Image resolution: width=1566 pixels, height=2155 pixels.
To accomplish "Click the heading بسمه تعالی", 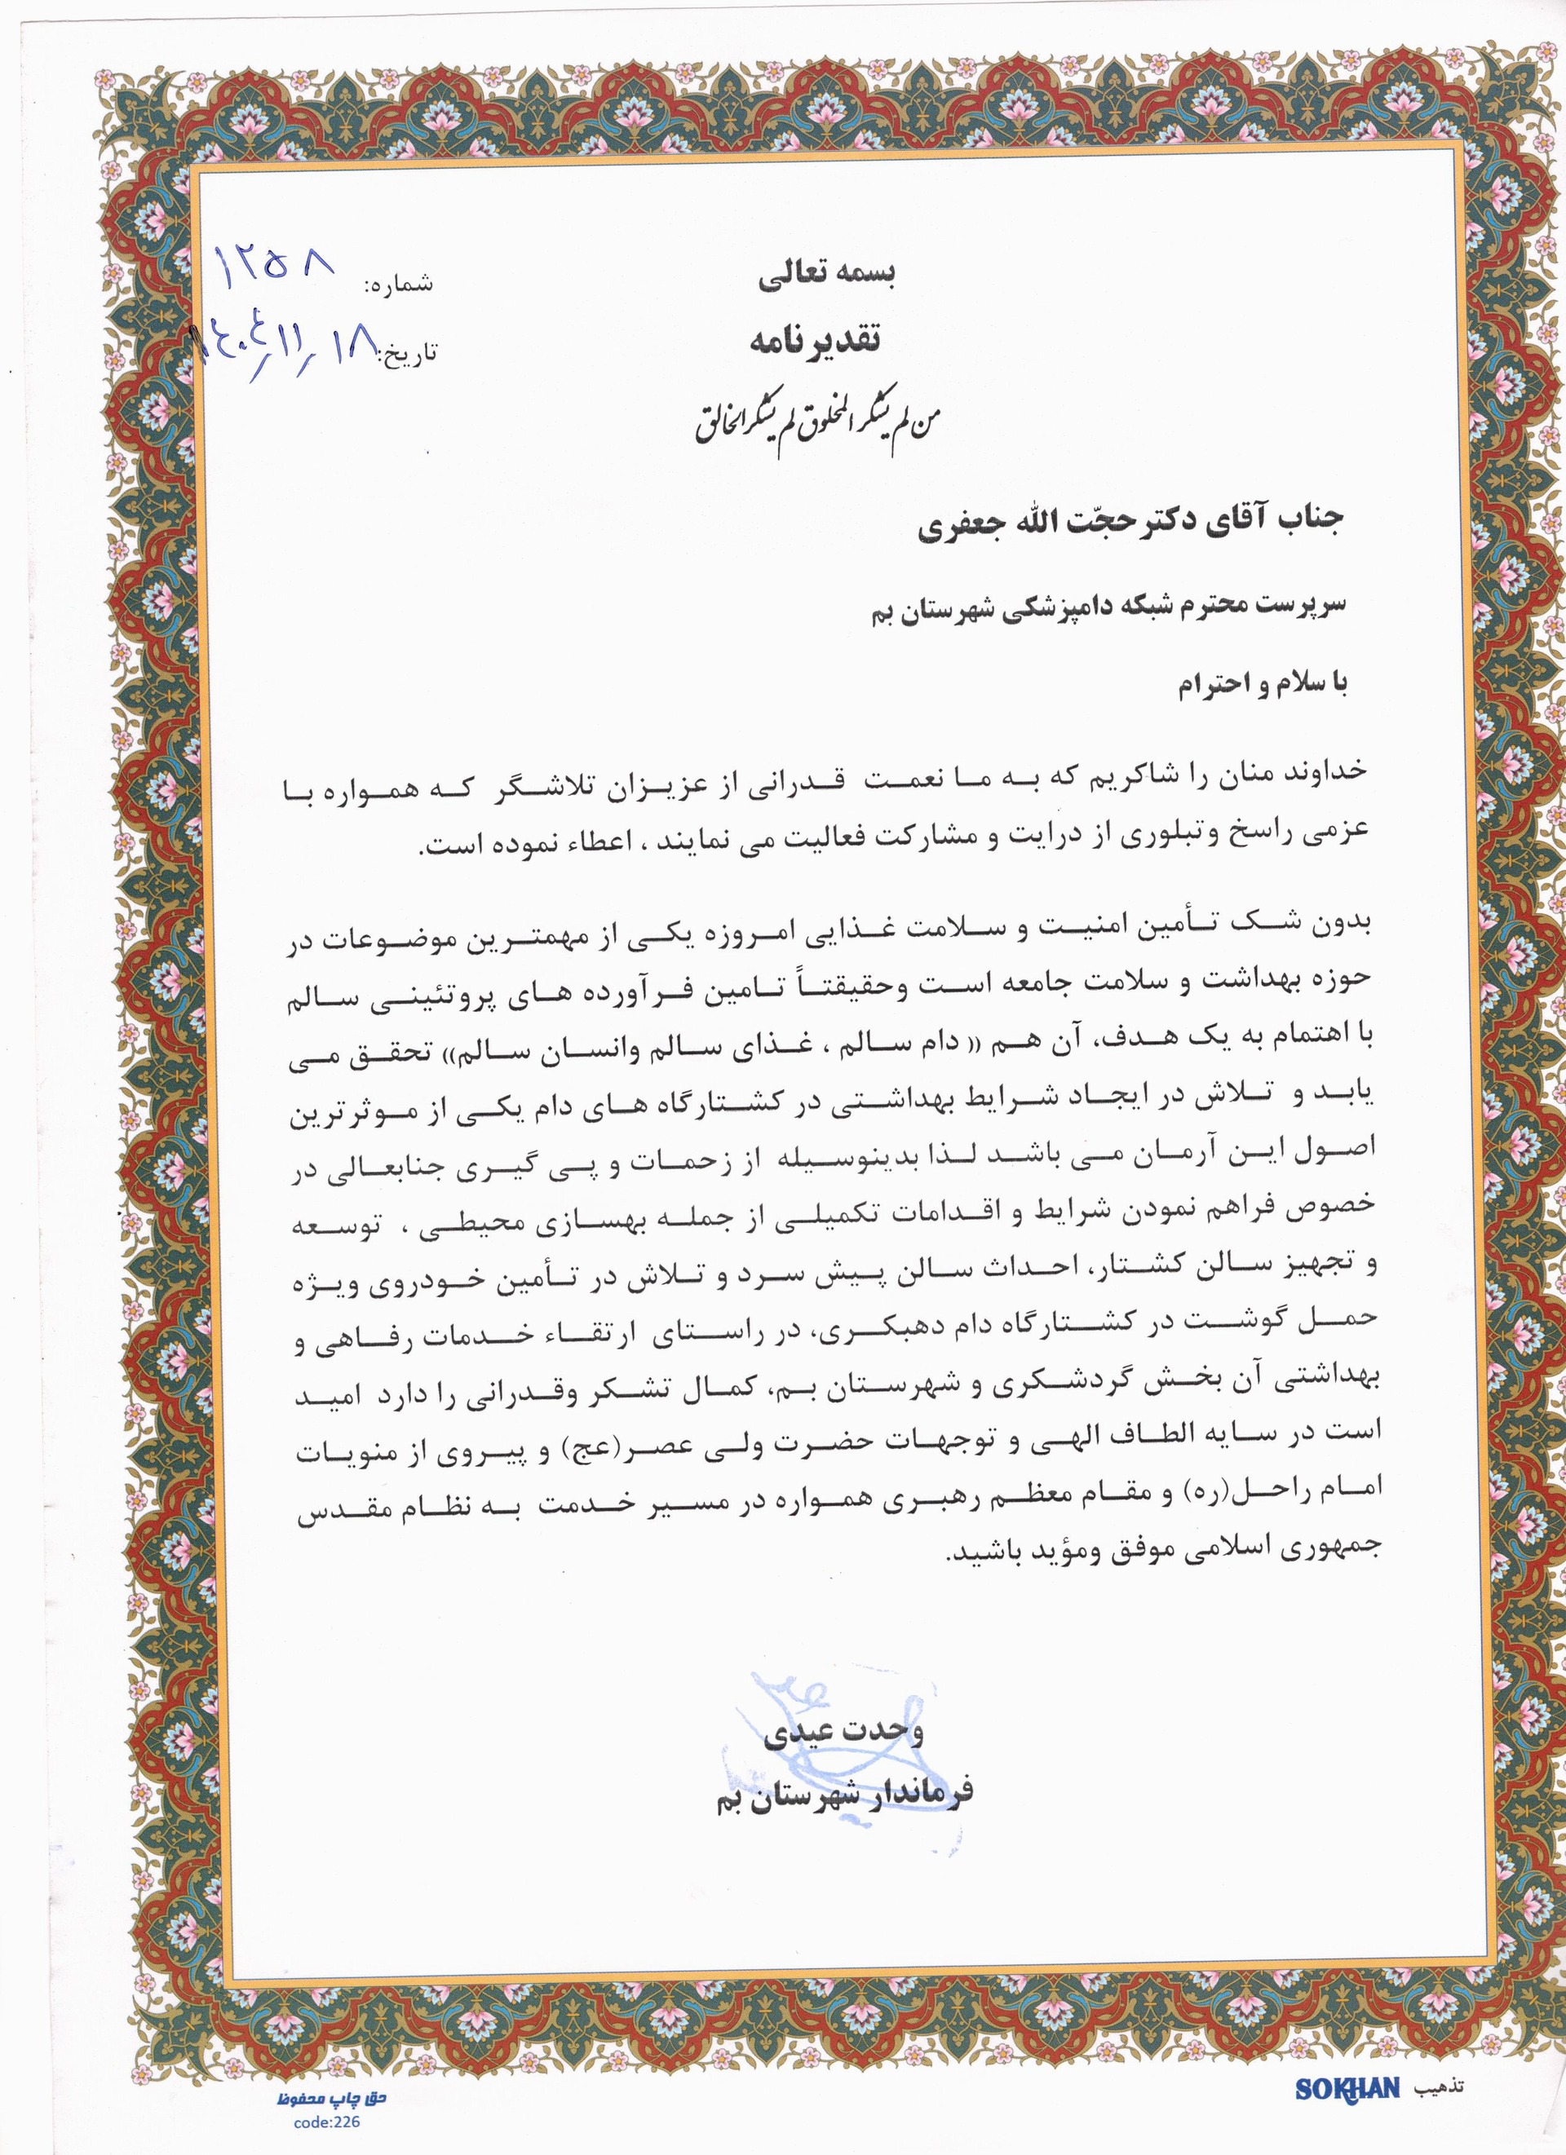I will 827,276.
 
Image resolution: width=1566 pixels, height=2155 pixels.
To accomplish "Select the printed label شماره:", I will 398,284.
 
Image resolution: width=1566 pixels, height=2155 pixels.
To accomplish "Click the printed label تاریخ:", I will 409,354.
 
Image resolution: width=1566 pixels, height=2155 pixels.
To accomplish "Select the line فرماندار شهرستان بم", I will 845,1794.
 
